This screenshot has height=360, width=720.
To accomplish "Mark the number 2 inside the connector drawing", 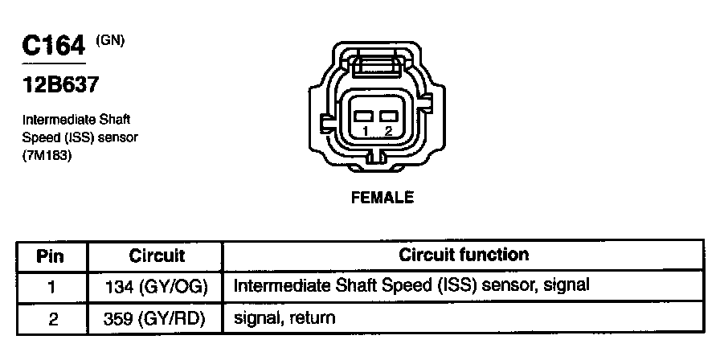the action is (x=389, y=130).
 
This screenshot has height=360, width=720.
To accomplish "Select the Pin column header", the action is (x=51, y=256).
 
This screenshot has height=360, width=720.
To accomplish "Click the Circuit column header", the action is (x=157, y=256).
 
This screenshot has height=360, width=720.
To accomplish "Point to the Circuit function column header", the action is (x=464, y=256).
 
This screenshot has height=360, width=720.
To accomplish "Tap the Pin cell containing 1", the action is (x=51, y=285).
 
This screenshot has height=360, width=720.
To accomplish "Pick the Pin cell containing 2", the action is (x=51, y=319).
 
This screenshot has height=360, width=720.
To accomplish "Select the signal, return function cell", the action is (x=284, y=319).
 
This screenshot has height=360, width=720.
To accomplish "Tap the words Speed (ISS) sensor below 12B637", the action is (x=80, y=137).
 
